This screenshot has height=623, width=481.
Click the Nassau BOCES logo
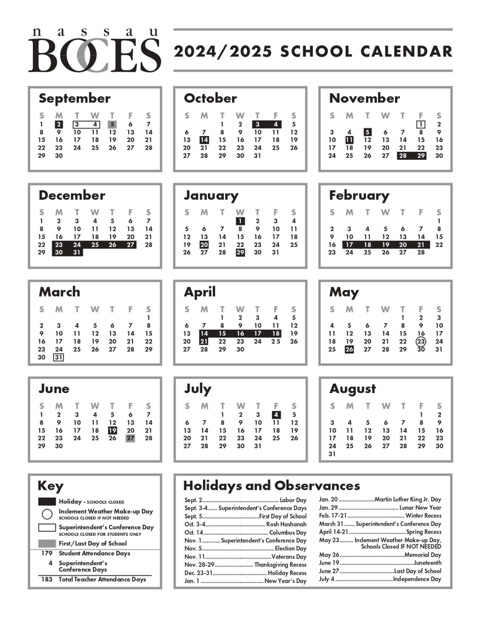pyautogui.click(x=94, y=51)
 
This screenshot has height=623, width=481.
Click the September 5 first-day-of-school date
pyautogui.click(x=112, y=125)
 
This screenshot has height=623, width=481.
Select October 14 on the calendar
pyautogui.click(x=204, y=140)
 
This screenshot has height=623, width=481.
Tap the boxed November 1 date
pyautogui.click(x=421, y=125)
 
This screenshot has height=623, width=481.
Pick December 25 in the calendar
pyautogui.click(x=95, y=245)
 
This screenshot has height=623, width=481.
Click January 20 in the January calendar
pyautogui.click(x=204, y=245)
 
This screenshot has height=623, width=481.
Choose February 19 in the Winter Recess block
pyautogui.click(x=385, y=245)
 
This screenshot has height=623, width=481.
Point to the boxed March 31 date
pyautogui.click(x=59, y=357)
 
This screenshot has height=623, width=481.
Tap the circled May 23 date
pyautogui.click(x=421, y=342)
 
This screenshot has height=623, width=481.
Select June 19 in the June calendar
pyautogui.click(x=112, y=430)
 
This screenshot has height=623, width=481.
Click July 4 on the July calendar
pyautogui.click(x=276, y=415)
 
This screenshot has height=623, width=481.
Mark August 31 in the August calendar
pyautogui.click(x=332, y=454)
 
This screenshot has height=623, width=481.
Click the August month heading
pyautogui.click(x=353, y=389)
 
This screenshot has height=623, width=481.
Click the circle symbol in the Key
pyautogui.click(x=47, y=514)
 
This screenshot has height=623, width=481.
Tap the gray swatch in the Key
pyautogui.click(x=47, y=544)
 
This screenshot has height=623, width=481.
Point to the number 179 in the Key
pyautogui.click(x=47, y=553)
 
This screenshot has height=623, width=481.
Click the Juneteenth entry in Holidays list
pyautogui.click(x=380, y=563)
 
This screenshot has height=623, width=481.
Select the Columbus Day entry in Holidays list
pyautogui.click(x=245, y=533)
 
